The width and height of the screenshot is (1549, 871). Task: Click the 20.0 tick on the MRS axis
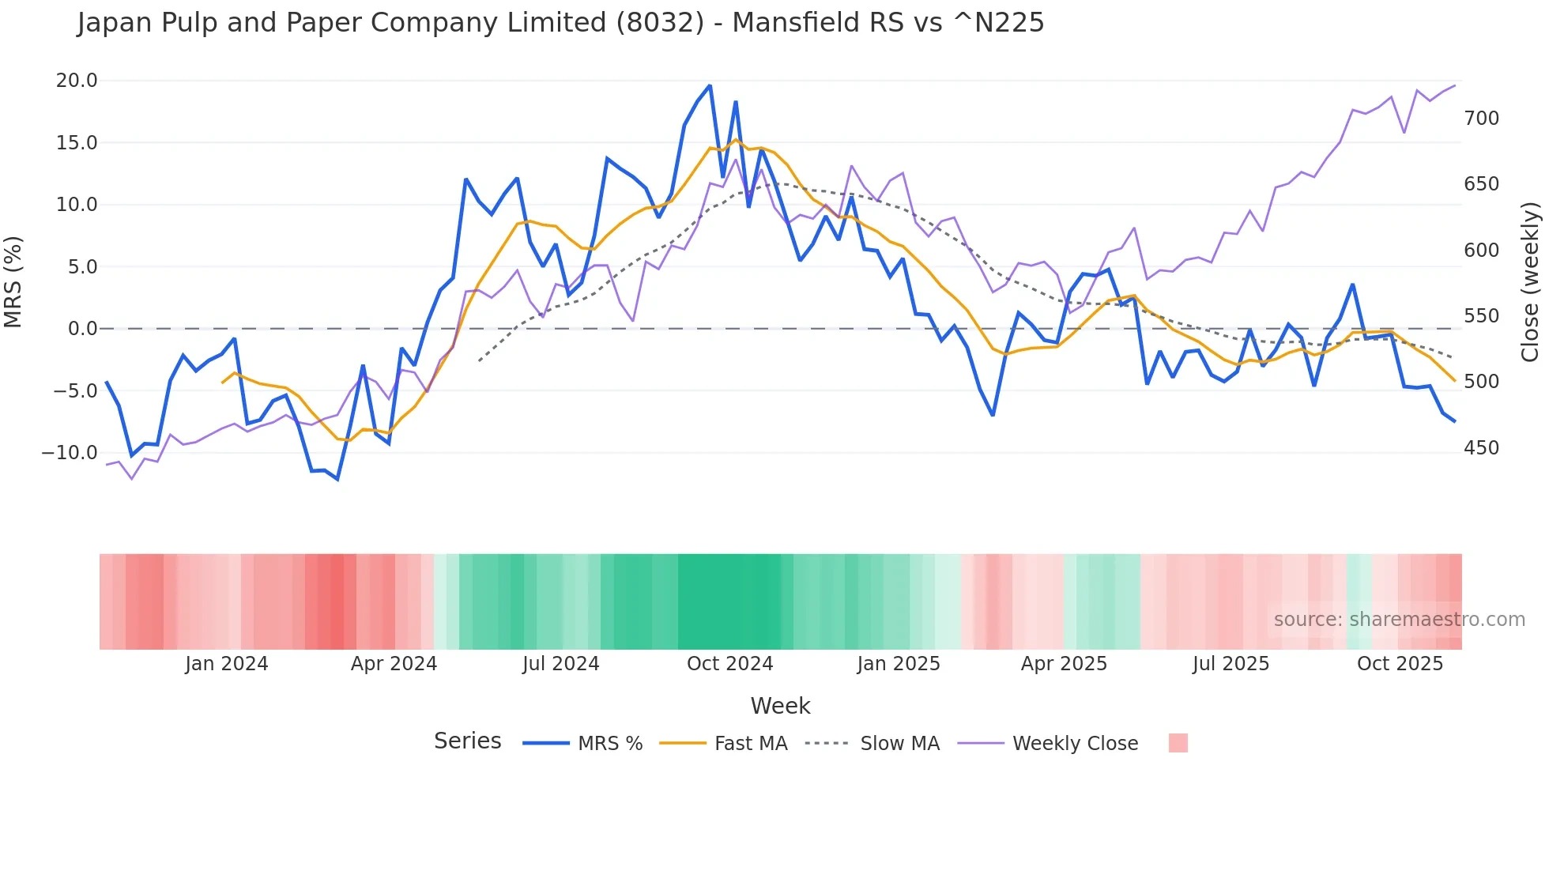[x=77, y=81]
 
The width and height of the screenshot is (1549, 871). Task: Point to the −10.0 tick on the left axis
[x=70, y=453]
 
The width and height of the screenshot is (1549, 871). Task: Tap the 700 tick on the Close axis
[x=1481, y=119]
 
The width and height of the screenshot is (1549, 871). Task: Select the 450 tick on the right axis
[x=1481, y=448]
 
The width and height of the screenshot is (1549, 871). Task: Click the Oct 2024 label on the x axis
[x=729, y=664]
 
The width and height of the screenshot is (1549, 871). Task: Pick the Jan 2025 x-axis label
[x=899, y=664]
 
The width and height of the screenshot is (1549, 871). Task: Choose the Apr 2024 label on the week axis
[x=394, y=664]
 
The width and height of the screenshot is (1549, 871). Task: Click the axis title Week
[x=780, y=706]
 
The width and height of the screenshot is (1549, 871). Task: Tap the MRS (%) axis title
[x=13, y=281]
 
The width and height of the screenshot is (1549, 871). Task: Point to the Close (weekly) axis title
[x=1530, y=281]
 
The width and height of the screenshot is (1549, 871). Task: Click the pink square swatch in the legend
[x=1178, y=743]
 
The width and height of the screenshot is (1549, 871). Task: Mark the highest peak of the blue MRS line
[x=710, y=85]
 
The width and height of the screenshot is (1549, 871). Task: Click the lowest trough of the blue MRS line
[x=337, y=479]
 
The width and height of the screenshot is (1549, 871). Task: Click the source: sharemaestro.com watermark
[x=1399, y=620]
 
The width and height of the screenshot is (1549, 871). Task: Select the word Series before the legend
[x=467, y=741]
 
